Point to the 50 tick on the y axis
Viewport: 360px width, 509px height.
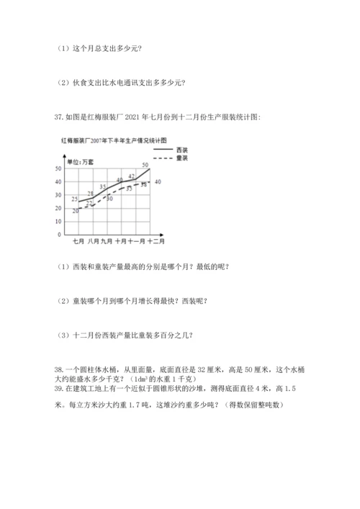click(58, 168)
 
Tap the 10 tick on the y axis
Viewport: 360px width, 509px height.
click(58, 222)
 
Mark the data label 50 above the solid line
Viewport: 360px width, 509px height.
click(145, 166)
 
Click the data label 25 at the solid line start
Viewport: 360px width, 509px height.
click(75, 198)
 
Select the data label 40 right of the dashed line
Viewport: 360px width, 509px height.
click(157, 181)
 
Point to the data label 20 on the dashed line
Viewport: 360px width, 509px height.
click(75, 211)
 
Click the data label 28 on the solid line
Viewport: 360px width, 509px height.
click(91, 193)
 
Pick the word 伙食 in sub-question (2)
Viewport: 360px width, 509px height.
click(78, 81)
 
